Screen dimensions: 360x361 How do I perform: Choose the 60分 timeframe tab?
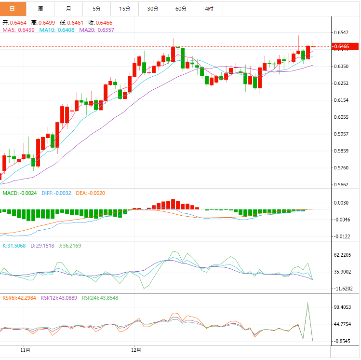181,9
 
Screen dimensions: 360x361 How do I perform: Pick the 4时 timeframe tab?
209,9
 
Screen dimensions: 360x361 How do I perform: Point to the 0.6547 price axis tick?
341,32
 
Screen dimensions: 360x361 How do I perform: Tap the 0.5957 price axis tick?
341,134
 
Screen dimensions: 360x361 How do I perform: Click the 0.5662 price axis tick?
341,185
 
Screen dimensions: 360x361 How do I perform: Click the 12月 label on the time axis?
137,350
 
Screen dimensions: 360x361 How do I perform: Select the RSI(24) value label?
100,298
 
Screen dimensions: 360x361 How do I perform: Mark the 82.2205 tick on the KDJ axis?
343,255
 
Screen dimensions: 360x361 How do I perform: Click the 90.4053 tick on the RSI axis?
343,307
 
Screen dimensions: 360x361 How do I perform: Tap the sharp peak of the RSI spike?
308,303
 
